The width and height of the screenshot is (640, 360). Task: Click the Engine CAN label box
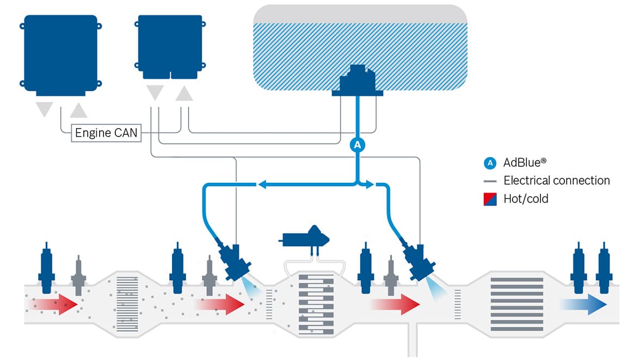(106, 133)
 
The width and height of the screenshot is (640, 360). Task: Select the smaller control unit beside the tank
(170, 45)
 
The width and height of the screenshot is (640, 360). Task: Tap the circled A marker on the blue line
(357, 145)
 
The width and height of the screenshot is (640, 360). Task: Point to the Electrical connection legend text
(556, 181)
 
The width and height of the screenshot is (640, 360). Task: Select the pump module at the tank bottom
(358, 82)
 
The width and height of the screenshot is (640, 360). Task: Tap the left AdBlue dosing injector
(234, 261)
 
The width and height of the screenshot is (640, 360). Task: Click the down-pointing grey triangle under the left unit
(44, 109)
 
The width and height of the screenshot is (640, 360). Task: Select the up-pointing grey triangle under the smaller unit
(184, 94)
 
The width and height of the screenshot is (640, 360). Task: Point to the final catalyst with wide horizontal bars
(517, 305)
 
